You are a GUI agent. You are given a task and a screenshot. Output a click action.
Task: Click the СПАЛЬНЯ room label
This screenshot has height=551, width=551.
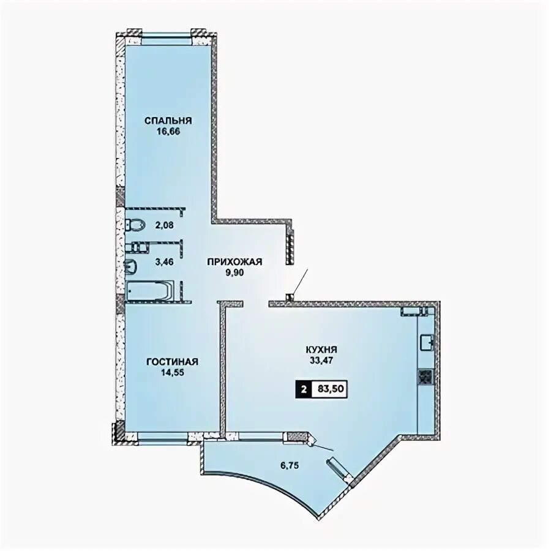(x=168, y=121)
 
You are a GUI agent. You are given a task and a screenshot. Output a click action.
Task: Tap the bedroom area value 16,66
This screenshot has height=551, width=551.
(x=168, y=132)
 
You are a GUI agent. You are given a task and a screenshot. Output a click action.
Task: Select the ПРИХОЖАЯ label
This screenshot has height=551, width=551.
(x=234, y=262)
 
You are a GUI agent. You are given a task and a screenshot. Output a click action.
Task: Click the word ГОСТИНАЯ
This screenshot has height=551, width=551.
(x=173, y=362)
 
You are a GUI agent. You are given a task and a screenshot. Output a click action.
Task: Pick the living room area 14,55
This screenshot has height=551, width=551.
(x=173, y=372)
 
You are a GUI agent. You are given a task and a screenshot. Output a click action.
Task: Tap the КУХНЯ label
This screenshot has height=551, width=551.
(x=321, y=350)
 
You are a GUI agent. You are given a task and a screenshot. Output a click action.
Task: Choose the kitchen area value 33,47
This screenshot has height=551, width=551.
(x=321, y=360)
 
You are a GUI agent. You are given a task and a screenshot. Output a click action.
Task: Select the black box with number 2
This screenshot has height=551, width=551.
(x=304, y=389)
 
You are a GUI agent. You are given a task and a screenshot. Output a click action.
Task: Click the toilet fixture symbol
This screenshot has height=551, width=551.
(x=135, y=225)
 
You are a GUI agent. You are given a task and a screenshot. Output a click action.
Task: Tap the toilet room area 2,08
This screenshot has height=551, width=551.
(x=165, y=225)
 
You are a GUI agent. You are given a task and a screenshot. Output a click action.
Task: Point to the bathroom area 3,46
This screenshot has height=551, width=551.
(x=165, y=261)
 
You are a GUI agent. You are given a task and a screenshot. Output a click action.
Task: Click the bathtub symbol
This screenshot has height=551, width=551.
(x=150, y=290)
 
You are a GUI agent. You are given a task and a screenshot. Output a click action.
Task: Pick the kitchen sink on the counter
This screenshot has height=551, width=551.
(x=427, y=342)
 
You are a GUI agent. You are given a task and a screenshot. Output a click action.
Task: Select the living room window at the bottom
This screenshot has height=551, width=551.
(x=163, y=436)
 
